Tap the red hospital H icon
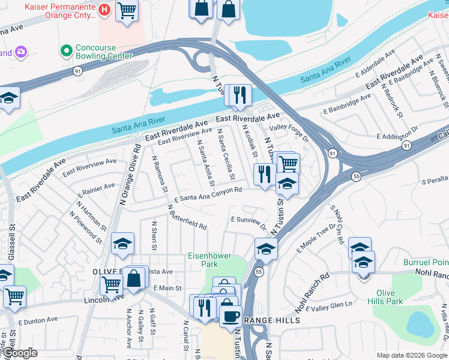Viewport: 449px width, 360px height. (104, 10)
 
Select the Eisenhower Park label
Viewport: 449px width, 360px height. (209, 260)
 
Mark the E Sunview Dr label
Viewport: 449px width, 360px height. (249, 222)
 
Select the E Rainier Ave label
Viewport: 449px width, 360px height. (97, 190)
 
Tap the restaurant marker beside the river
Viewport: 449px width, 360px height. (238, 95)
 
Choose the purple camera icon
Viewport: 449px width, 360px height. (21, 52)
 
